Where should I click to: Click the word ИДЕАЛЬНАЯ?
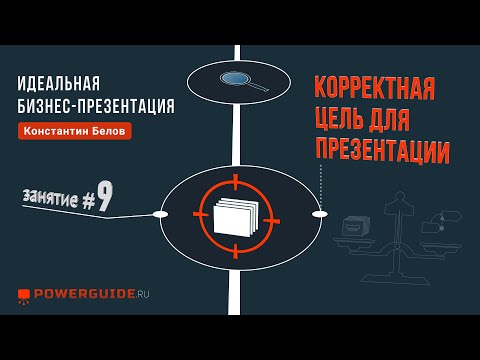coord(59,83)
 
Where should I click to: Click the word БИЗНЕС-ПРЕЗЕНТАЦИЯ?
coord(96,106)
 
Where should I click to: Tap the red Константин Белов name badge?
coord(75,131)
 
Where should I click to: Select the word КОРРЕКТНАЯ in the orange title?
coord(375,88)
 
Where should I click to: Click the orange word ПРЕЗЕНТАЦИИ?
coord(383,151)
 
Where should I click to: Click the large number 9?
coord(105,198)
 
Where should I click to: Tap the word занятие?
coord(51,198)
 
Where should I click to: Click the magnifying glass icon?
coord(244,81)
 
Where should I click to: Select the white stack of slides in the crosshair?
coord(236,217)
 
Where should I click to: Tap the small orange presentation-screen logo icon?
coord(24,296)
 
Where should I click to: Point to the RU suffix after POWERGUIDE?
coord(143,294)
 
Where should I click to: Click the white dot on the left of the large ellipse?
coord(160,214)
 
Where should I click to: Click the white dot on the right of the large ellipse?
coord(320,214)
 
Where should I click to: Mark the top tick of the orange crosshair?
coord(236,182)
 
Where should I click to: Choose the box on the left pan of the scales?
coord(356,226)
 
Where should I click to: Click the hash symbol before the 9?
coord(88,201)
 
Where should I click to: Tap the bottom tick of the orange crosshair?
coord(236,251)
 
